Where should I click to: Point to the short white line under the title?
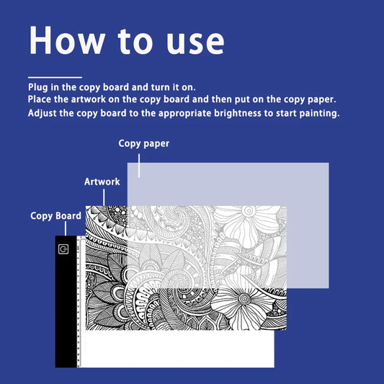click(x=55, y=77)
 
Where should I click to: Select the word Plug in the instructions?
click(x=40, y=87)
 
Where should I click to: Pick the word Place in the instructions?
click(x=42, y=99)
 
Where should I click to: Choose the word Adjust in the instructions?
click(x=44, y=114)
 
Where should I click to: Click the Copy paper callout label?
click(x=144, y=144)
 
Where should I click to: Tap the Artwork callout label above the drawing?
click(x=102, y=182)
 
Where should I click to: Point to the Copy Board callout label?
click(x=55, y=215)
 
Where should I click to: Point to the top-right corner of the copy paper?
click(x=328, y=164)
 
